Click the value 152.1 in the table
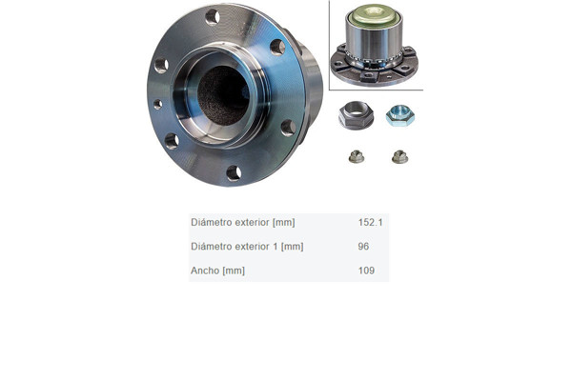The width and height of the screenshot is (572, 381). click(x=370, y=222)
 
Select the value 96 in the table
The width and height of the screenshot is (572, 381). click(x=363, y=246)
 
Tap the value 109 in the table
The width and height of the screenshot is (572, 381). click(x=366, y=271)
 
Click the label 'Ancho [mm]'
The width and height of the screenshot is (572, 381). click(x=217, y=271)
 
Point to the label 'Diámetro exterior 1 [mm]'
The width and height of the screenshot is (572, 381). click(x=247, y=247)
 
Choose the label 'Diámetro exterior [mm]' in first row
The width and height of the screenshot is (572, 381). click(x=243, y=222)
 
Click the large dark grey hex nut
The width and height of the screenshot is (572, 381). click(x=356, y=115)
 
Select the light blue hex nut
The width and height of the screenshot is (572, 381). click(x=400, y=115)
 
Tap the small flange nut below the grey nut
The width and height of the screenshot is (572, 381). click(x=357, y=156)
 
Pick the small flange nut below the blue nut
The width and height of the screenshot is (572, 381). click(x=399, y=157)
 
